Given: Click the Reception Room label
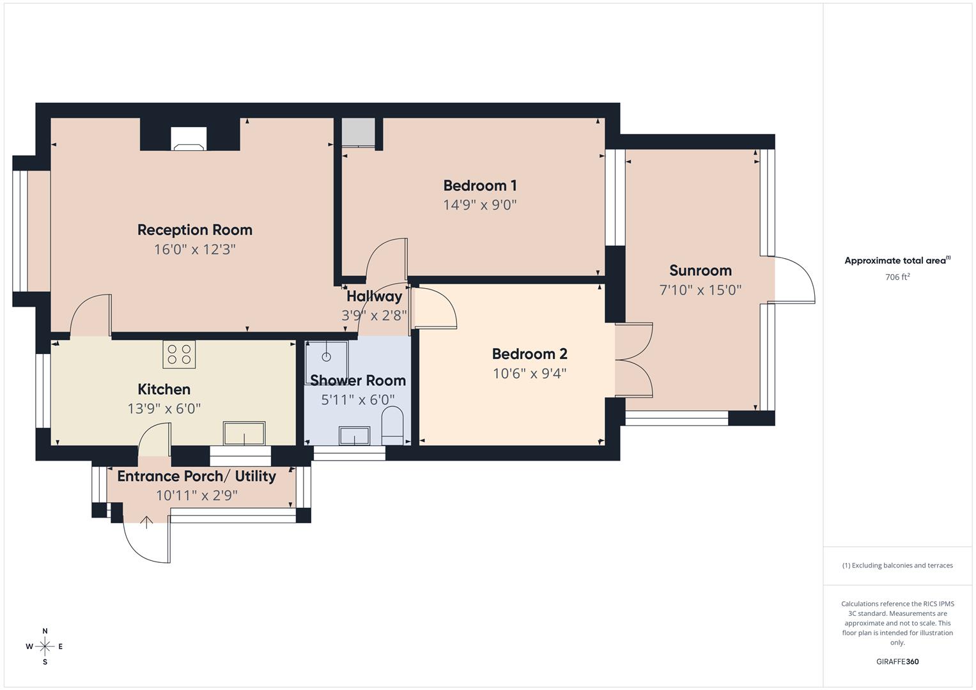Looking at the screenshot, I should click(x=195, y=230).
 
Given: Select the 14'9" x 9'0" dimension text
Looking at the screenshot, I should click(x=479, y=205).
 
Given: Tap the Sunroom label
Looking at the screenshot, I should click(x=700, y=270).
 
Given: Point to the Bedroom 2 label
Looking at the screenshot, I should click(x=529, y=354).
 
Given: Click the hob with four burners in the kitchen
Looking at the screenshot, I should click(x=179, y=354).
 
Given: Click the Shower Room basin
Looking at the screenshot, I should click(x=353, y=436).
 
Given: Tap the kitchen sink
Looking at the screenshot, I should click(x=244, y=433).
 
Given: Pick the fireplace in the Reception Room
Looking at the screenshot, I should click(x=189, y=139).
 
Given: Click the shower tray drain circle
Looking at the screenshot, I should click(x=326, y=356).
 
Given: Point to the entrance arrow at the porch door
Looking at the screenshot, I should click(x=146, y=523).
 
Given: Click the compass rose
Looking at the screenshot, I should click(x=45, y=647).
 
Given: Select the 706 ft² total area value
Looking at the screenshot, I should click(x=897, y=277).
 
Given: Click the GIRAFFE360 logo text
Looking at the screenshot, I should click(x=897, y=662).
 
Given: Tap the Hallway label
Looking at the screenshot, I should click(x=374, y=296).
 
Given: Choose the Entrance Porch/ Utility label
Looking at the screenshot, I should click(x=196, y=477).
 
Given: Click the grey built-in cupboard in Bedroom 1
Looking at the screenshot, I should click(x=358, y=132).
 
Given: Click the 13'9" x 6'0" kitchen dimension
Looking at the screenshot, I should click(x=164, y=409).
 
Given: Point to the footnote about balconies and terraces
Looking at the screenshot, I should click(x=897, y=565).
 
